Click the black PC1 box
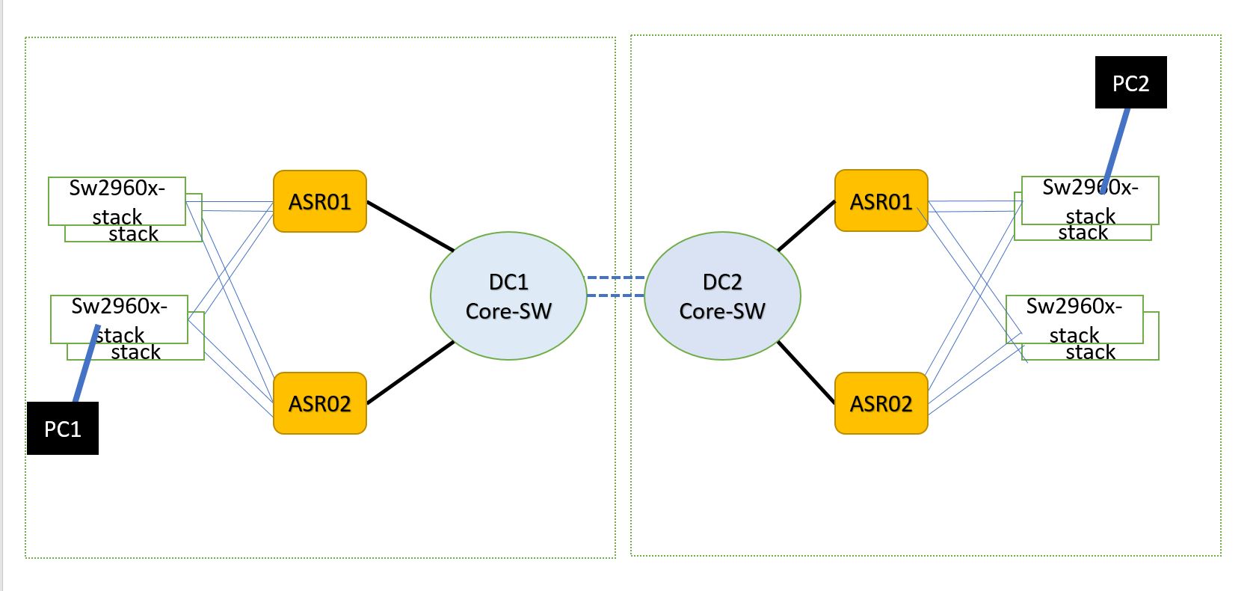click(x=63, y=428)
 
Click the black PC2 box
click(x=1130, y=82)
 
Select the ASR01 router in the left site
click(x=319, y=201)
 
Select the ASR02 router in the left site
click(x=319, y=403)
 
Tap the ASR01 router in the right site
click(x=881, y=201)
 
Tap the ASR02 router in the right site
click(x=881, y=403)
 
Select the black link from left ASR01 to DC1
click(x=410, y=226)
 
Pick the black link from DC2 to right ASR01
click(x=806, y=226)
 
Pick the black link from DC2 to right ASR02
click(x=806, y=372)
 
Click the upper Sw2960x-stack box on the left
click(x=117, y=200)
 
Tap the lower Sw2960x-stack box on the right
click(x=1074, y=319)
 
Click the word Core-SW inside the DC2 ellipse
click(x=722, y=311)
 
